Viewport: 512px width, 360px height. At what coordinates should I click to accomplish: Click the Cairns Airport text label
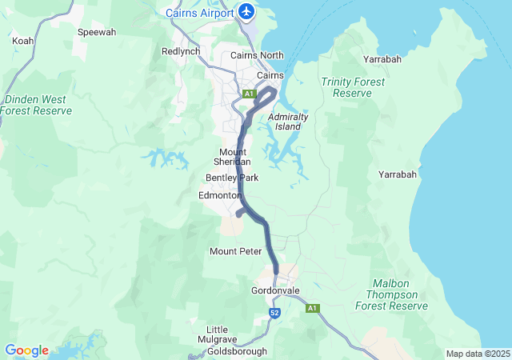point(200,13)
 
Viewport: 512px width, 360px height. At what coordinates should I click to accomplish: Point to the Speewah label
point(96,33)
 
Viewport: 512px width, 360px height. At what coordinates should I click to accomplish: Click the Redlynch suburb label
point(180,50)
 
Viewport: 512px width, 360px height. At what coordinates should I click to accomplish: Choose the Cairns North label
point(257,55)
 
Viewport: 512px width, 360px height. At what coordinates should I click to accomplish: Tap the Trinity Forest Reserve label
point(352,87)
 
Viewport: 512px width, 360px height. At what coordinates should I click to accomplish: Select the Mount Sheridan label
point(233,157)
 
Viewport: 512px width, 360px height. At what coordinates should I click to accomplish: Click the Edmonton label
point(220,195)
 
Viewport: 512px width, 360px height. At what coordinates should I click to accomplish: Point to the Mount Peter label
point(236,251)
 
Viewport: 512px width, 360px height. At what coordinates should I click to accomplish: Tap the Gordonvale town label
point(274,290)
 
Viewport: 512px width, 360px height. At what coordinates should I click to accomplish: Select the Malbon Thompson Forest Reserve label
point(401,295)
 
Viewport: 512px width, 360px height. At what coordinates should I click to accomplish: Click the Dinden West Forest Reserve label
point(38,105)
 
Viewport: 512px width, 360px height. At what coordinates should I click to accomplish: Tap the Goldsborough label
point(236,352)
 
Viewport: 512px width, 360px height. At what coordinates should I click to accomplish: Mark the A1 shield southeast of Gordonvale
point(312,308)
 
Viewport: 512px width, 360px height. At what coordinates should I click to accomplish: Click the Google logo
point(26,350)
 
